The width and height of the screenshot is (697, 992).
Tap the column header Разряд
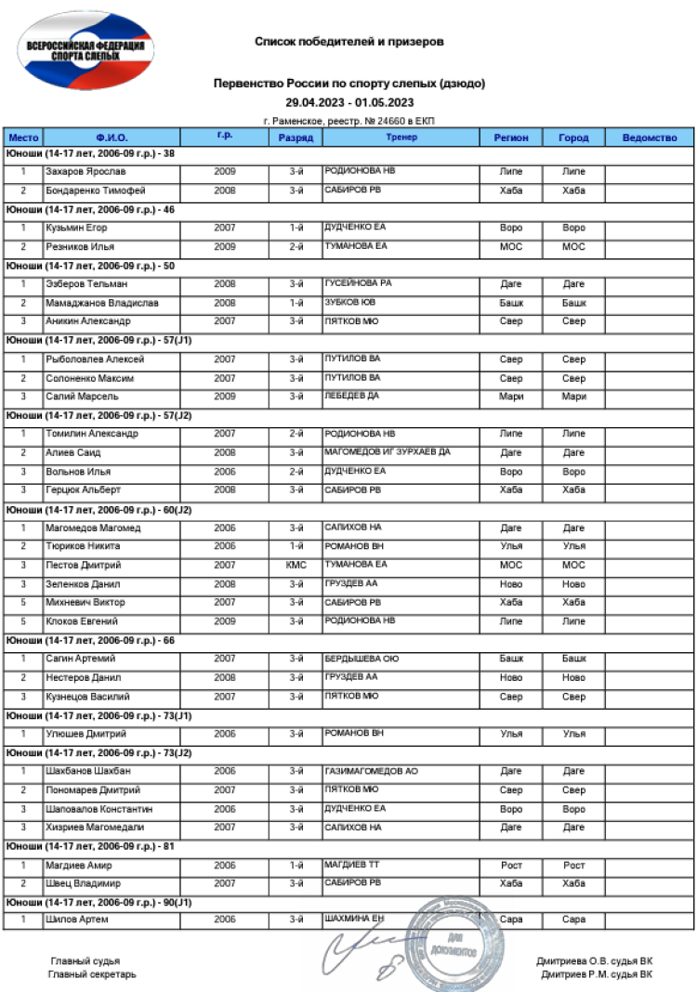pos(296,137)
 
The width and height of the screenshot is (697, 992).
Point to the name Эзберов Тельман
pos(73,284)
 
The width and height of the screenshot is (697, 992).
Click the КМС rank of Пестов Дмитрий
pos(296,565)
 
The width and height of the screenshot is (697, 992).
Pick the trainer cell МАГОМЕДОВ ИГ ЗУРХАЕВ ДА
pos(388,452)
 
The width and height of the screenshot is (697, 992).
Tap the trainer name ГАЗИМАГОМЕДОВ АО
pos(371,771)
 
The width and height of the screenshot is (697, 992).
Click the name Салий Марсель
pos(72,397)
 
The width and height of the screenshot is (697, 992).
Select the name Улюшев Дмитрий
pos(79,734)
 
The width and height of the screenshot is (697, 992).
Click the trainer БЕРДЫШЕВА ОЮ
pos(362,659)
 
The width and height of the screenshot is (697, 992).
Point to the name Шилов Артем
pos(71,920)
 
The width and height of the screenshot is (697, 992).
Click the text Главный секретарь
pos(92,974)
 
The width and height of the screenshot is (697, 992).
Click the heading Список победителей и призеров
pos(348,42)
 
